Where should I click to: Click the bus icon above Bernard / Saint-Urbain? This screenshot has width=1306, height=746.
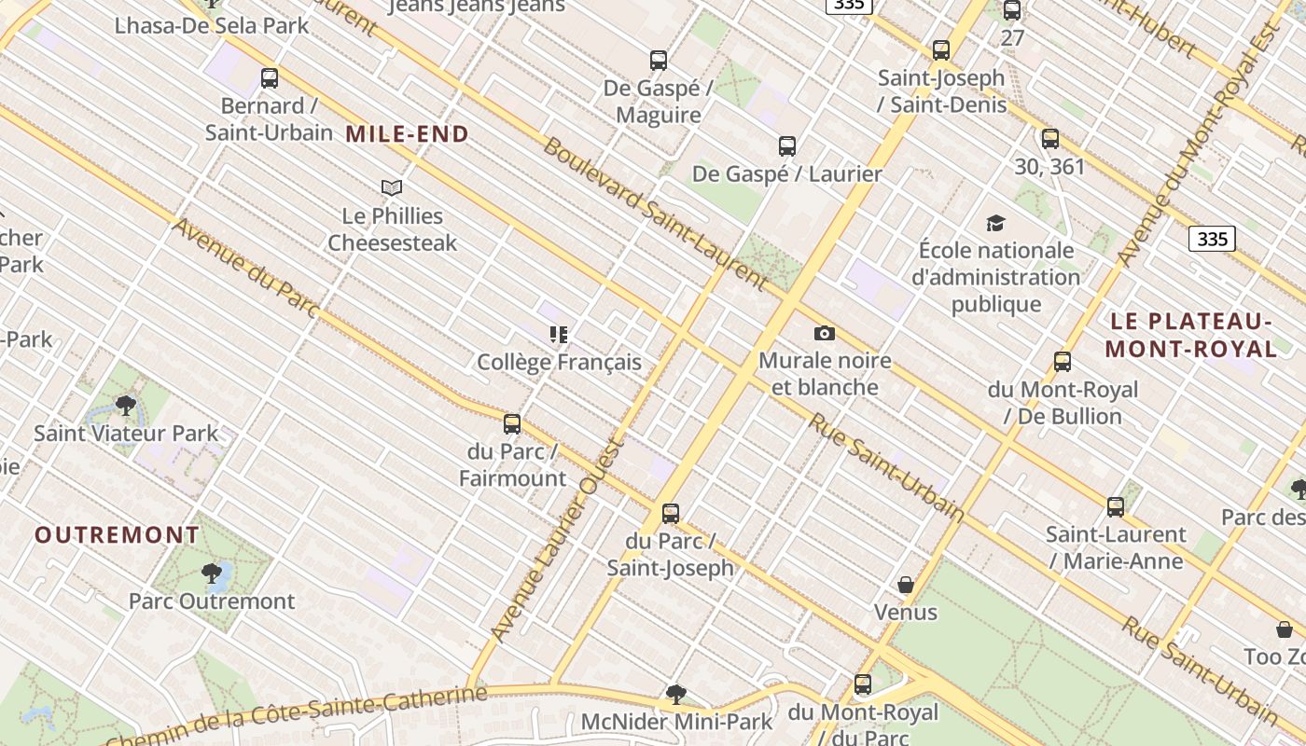[x=270, y=78]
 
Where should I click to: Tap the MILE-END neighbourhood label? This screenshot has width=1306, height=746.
[x=407, y=134]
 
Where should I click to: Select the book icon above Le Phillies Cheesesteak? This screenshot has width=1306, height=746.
[x=392, y=187]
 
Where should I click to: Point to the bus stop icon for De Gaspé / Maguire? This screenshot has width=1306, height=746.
[x=659, y=61]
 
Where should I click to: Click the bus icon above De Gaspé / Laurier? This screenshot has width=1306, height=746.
[x=787, y=146]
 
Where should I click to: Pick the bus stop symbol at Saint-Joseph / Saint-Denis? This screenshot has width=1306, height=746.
[x=941, y=50]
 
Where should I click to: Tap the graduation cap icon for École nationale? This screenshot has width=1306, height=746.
[x=995, y=223]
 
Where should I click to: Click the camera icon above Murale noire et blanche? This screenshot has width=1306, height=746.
[x=825, y=333]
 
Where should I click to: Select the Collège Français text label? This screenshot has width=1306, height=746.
[x=559, y=362]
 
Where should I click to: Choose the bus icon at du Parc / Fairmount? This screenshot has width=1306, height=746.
[x=512, y=424]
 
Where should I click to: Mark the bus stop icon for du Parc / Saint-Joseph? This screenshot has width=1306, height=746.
[x=671, y=513]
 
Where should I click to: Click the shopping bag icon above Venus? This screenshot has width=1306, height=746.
[x=905, y=585]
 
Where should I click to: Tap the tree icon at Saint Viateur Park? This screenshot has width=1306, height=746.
[x=126, y=405]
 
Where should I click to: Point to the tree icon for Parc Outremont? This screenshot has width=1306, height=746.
[x=212, y=573]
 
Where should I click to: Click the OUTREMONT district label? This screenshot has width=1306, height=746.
[x=118, y=535]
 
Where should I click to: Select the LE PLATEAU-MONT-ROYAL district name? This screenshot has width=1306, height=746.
[x=1191, y=335]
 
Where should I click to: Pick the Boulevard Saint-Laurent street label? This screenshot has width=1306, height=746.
[x=654, y=214]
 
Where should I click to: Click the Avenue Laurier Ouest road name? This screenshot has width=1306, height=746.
[x=557, y=540]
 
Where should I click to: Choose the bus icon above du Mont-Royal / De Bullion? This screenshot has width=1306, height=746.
[x=1063, y=362]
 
